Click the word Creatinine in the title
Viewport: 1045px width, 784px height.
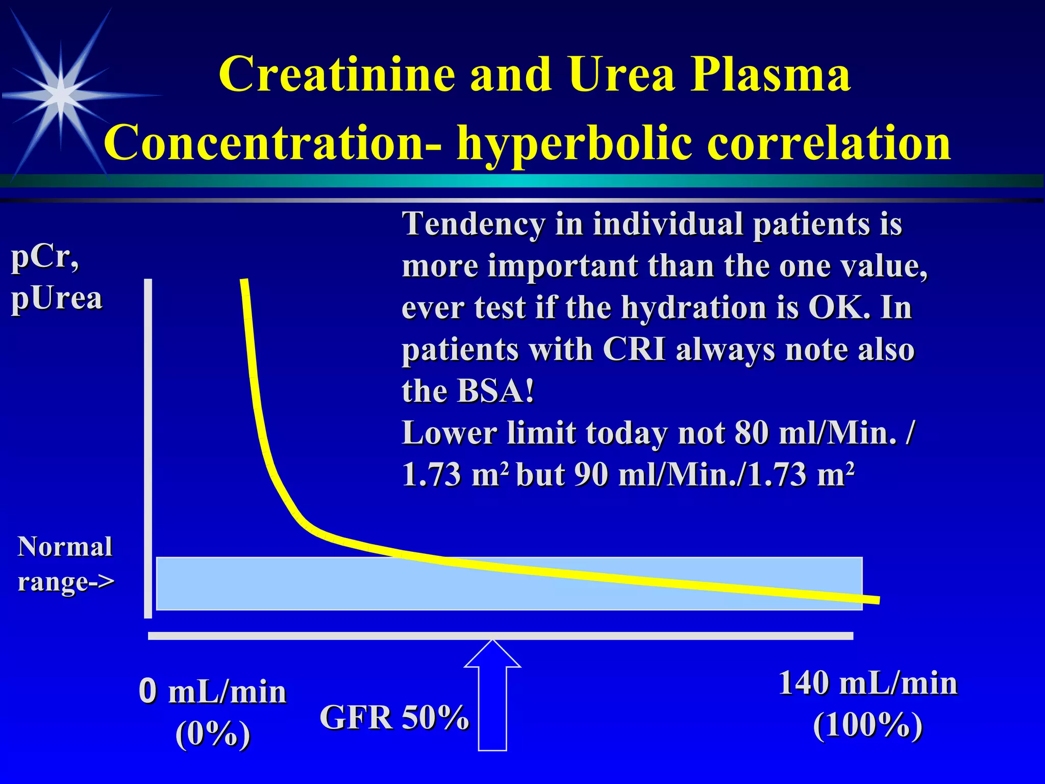coord(337,75)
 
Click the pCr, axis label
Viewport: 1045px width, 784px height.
coord(45,257)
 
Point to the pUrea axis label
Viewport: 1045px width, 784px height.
coord(57,298)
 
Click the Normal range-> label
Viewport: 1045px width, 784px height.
coord(65,564)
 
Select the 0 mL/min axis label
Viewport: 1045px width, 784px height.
coord(212,692)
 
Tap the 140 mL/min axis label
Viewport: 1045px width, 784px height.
coord(867,683)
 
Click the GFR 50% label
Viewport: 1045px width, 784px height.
coord(394,717)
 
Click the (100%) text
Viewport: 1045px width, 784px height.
coord(867,725)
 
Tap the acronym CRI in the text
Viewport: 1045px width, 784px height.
coord(634,350)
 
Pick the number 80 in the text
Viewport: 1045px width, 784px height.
coord(751,433)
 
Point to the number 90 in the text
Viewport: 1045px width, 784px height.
coord(591,475)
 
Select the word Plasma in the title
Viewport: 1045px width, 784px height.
coord(770,75)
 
